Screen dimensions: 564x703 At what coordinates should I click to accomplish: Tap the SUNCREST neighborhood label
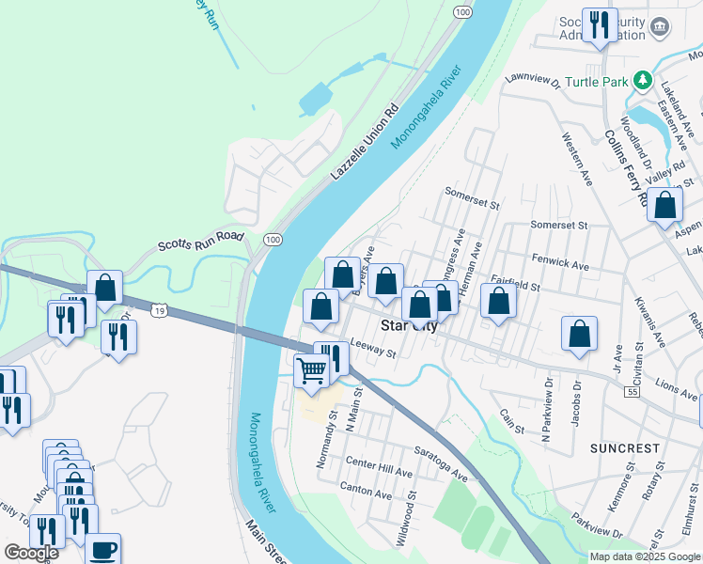coord(625,448)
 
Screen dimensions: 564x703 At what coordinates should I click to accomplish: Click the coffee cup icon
coord(102,549)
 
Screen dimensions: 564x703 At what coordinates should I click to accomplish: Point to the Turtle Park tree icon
coord(643,81)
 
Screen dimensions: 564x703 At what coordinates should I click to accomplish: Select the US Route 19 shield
coord(159,309)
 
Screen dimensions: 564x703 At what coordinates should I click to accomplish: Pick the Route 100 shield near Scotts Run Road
coord(273,241)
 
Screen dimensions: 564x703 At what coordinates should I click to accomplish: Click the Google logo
coord(31,553)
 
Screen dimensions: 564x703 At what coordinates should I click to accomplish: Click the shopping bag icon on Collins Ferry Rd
coord(664,206)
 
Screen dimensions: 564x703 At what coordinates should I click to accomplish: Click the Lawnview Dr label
coord(532,82)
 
